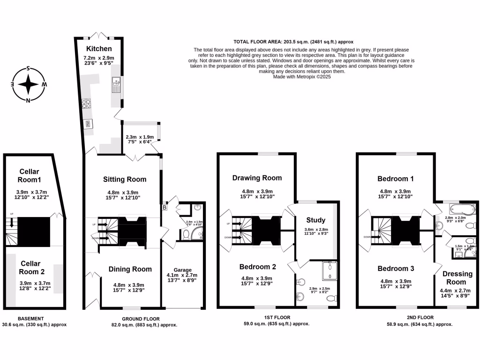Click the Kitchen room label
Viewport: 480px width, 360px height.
click(x=98, y=49)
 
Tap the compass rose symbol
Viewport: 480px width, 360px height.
click(x=29, y=85)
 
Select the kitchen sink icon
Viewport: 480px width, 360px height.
click(x=115, y=86)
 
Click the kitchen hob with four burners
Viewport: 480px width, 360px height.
click(x=87, y=104)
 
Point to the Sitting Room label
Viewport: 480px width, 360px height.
click(x=124, y=179)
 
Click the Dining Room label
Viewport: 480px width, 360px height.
click(x=130, y=269)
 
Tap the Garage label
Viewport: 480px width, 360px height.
click(x=182, y=270)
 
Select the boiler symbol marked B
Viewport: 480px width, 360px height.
click(x=165, y=207)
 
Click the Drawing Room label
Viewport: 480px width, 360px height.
click(x=257, y=178)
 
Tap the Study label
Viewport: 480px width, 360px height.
click(x=315, y=220)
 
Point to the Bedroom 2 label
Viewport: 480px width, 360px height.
click(x=257, y=267)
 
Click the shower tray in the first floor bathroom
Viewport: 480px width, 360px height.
click(x=330, y=270)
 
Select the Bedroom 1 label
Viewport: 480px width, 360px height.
click(x=396, y=179)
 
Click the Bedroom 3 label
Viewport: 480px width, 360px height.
click(x=396, y=269)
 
